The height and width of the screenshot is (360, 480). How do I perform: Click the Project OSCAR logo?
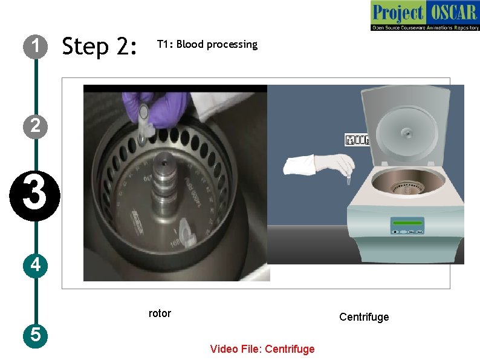(424, 16)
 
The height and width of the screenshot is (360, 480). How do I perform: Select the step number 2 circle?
(36, 126)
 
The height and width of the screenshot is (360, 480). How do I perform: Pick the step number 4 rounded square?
(36, 264)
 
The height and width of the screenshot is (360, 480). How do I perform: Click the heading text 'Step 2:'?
(100, 46)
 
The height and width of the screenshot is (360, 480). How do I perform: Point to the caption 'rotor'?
(160, 313)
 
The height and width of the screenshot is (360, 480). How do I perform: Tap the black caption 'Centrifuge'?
(364, 317)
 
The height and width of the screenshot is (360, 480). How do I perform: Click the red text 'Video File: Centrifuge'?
(262, 349)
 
